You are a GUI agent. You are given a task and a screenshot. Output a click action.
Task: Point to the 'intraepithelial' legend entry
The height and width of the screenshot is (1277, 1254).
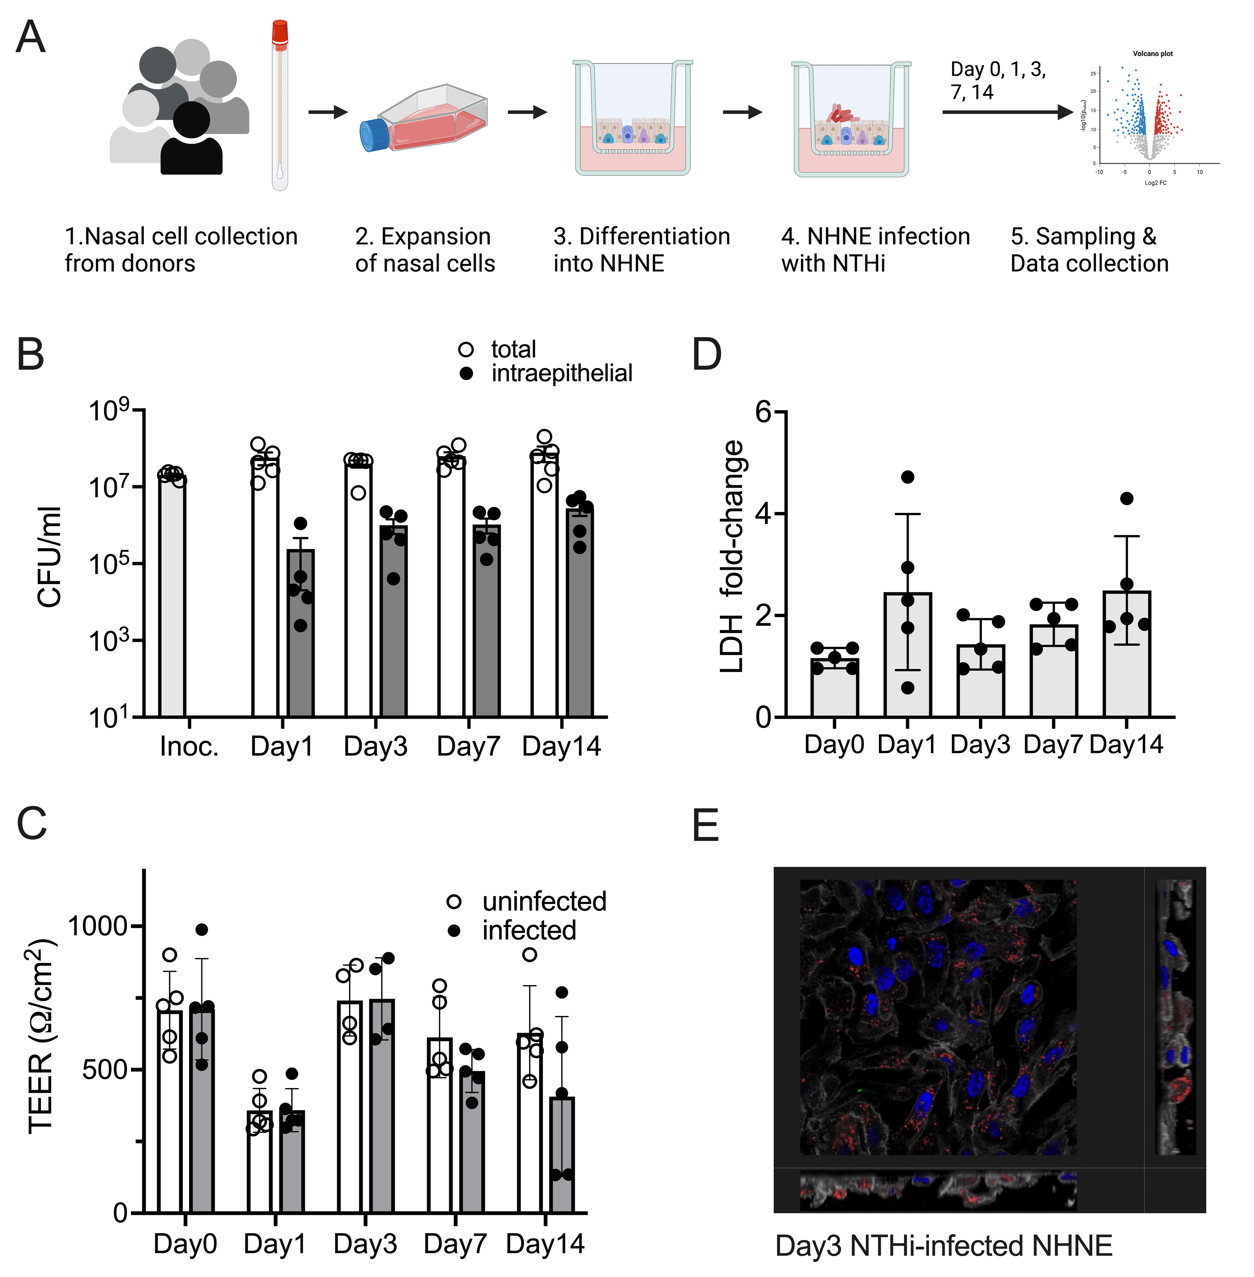561,374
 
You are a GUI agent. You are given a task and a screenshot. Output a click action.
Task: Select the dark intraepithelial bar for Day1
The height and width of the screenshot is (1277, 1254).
300,633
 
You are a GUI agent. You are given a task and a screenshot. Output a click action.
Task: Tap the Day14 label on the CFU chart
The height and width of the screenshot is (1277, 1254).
561,747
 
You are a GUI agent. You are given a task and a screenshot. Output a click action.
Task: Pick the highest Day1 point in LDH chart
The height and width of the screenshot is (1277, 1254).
908,477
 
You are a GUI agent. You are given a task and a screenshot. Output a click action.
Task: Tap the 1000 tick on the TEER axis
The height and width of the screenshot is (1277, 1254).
97,926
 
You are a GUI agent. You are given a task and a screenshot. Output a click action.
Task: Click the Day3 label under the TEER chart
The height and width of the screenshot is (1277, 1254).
365,1244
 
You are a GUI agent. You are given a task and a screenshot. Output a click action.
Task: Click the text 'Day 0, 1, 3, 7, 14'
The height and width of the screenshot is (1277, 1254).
998,80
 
